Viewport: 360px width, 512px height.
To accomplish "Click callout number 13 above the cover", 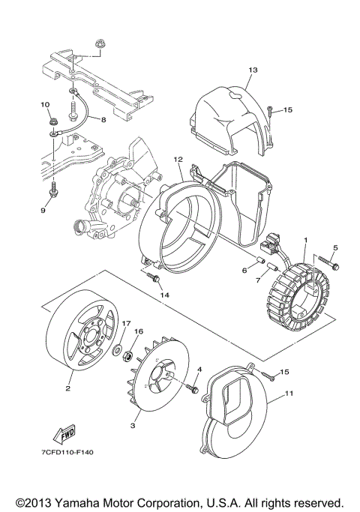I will (x=253, y=70).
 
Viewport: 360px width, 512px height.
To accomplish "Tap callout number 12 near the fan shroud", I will (x=178, y=159).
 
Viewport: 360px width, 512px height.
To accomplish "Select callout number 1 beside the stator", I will (x=306, y=241).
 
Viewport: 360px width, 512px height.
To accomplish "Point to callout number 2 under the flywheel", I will (x=67, y=388).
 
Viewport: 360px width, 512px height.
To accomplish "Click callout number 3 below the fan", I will (x=133, y=425).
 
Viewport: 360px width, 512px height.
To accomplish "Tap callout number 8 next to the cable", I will (x=103, y=118).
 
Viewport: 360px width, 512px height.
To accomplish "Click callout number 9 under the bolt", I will (x=43, y=211).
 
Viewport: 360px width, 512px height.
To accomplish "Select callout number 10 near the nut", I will (x=44, y=104).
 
